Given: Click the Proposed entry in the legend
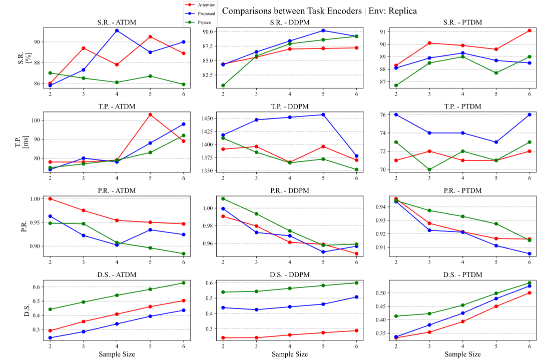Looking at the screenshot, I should (x=206, y=13).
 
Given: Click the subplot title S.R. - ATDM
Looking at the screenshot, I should (x=116, y=22).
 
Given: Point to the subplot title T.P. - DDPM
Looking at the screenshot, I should (x=289, y=106).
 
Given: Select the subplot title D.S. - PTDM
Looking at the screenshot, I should (x=462, y=274).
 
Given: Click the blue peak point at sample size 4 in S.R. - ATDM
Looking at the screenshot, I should (x=117, y=30).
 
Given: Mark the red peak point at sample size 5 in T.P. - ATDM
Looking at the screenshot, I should (x=150, y=114).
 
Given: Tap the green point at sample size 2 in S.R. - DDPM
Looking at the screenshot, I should (x=223, y=85).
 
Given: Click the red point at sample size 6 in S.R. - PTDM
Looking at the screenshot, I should (x=529, y=30).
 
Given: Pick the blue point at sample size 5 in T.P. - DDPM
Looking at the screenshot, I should (x=323, y=114).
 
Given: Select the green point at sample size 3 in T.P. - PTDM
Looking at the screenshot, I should (x=429, y=169).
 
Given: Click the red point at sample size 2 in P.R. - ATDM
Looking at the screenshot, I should (x=50, y=198).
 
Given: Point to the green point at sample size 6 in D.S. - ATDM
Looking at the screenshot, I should (x=183, y=283).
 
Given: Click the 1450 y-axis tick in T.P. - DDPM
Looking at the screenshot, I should (x=209, y=118).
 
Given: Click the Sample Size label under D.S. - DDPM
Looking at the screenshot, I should (x=289, y=354).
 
